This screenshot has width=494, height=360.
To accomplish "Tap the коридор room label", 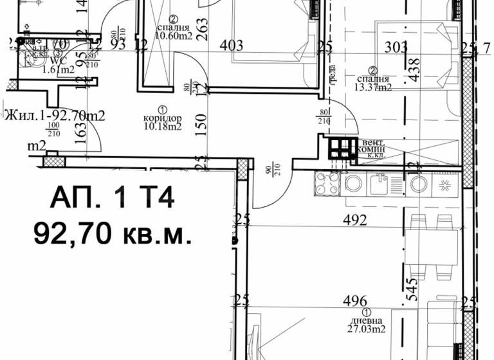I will pyautogui.click(x=162, y=118).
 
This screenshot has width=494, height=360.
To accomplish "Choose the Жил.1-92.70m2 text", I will pyautogui.click(x=55, y=116).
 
